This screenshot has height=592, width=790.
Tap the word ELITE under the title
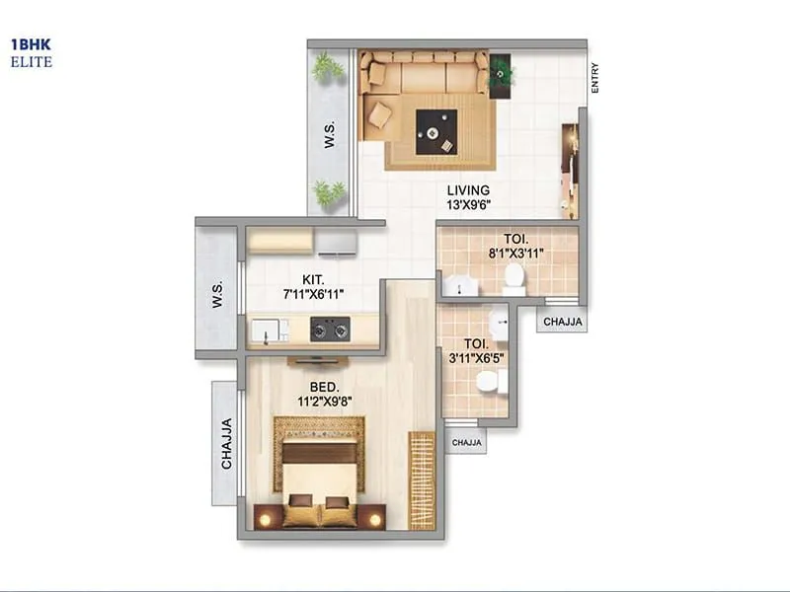[32, 62]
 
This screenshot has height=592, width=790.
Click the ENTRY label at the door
[594, 79]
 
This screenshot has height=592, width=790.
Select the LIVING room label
[468, 190]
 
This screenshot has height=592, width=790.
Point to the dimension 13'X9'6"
[469, 205]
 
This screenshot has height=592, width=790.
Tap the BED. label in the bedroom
[325, 386]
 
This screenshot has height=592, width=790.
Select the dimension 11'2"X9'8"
[325, 401]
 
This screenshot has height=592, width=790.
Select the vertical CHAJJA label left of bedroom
[226, 444]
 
